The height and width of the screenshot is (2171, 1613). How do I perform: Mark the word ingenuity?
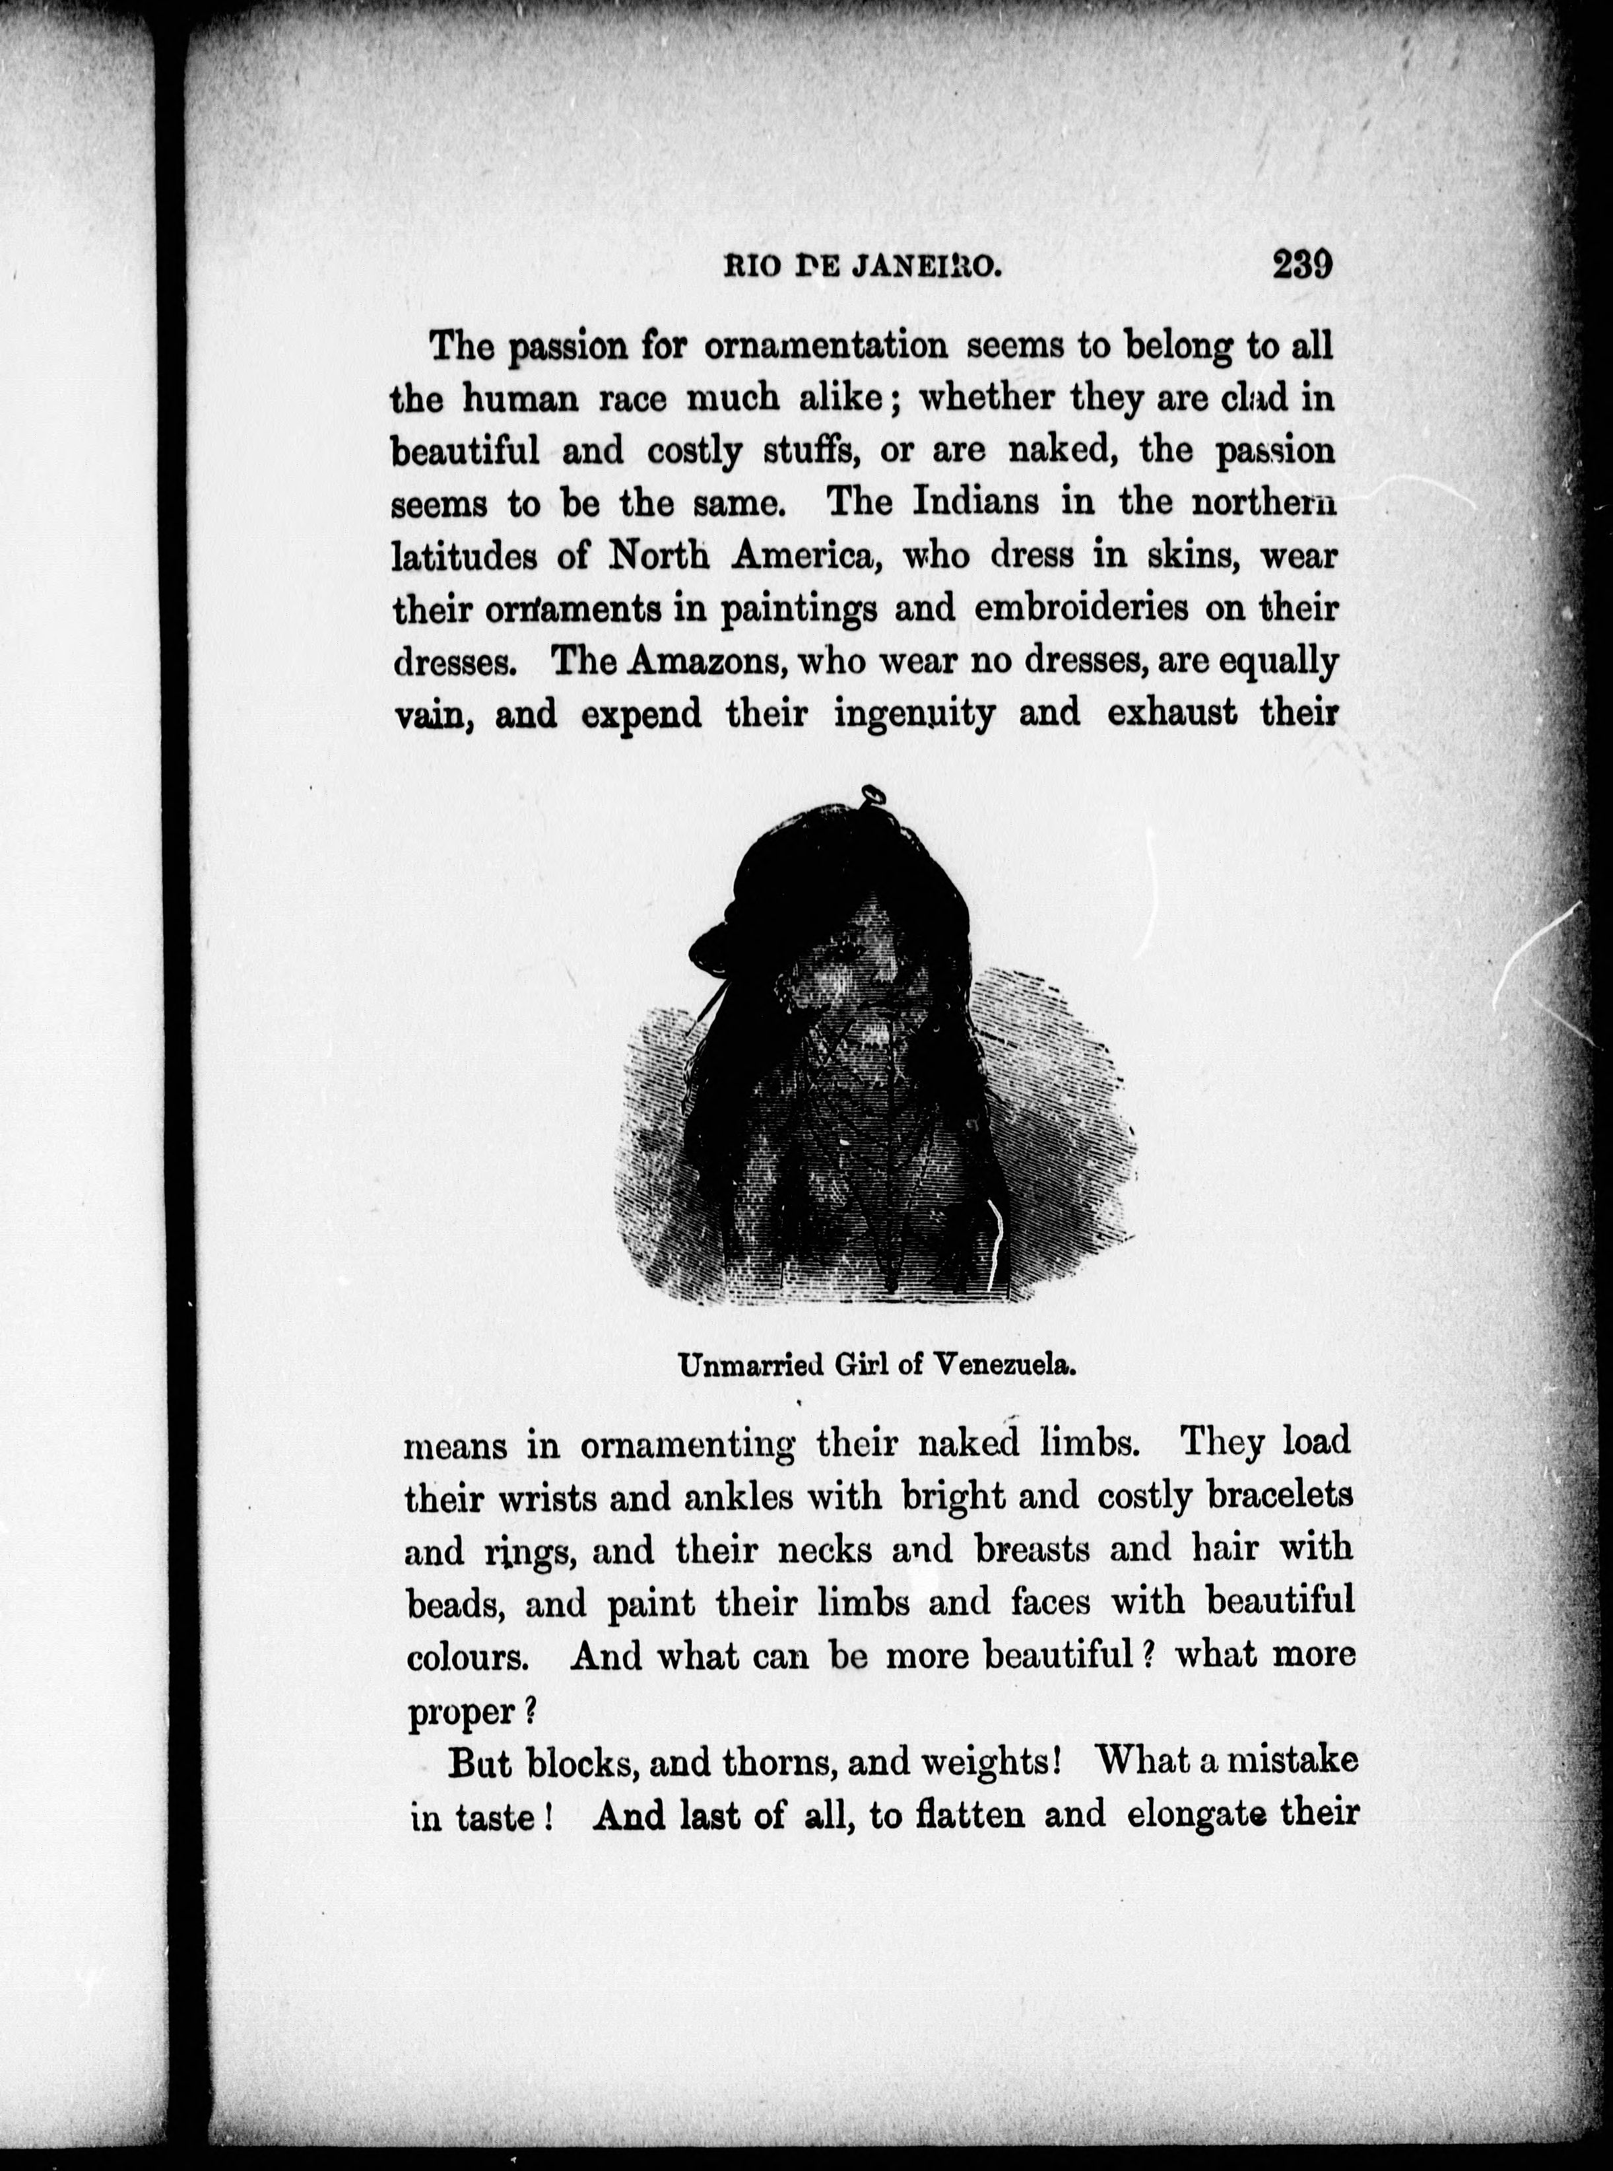click(x=915, y=716)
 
